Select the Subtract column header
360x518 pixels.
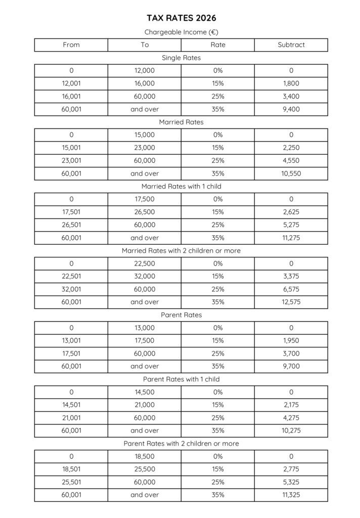[x=291, y=45]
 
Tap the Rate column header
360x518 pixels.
[x=218, y=45]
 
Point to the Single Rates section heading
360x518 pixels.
[x=181, y=58]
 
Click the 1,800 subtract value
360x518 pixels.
[x=291, y=83]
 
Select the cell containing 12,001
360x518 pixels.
[x=71, y=83]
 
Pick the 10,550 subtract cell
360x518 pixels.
[x=291, y=174]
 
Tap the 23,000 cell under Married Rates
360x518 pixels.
[x=145, y=148]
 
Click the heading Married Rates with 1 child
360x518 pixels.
[x=181, y=186]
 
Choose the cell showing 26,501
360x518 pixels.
[x=71, y=225]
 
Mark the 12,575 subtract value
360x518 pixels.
[x=291, y=302]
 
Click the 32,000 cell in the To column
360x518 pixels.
[x=145, y=276]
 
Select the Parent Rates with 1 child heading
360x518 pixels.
[x=181, y=379]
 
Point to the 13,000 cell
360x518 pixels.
[x=145, y=328]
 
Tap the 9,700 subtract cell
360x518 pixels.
[x=291, y=366]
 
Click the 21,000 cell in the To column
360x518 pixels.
[x=145, y=405]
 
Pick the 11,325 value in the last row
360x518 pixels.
[x=291, y=495]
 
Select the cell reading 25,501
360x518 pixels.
[x=71, y=482]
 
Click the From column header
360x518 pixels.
[x=71, y=45]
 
